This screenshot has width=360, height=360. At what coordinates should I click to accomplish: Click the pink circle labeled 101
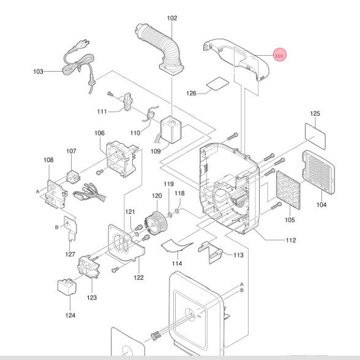click(279, 54)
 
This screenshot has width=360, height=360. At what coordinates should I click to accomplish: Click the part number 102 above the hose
click(172, 18)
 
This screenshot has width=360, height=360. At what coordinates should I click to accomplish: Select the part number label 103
click(38, 72)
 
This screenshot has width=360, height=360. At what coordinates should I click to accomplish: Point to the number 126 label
click(191, 93)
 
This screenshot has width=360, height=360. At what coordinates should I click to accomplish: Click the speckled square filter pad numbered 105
click(288, 190)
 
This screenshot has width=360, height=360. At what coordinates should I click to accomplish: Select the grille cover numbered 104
click(318, 172)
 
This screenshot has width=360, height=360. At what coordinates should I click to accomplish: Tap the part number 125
click(315, 113)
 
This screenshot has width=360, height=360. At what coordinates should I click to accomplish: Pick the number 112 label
click(291, 240)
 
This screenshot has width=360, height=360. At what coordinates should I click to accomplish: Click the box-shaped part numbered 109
click(171, 130)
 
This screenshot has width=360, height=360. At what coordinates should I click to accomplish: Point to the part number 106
click(99, 133)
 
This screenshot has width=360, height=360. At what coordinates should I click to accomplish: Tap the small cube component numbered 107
click(73, 177)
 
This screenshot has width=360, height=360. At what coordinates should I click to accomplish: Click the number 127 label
click(70, 254)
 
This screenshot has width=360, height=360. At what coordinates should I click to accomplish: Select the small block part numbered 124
click(67, 287)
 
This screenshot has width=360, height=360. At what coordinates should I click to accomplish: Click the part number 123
click(92, 298)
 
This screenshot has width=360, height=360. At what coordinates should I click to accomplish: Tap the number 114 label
click(177, 263)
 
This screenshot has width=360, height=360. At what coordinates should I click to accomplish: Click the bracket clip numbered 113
click(210, 252)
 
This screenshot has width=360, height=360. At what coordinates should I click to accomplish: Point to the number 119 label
click(168, 184)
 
